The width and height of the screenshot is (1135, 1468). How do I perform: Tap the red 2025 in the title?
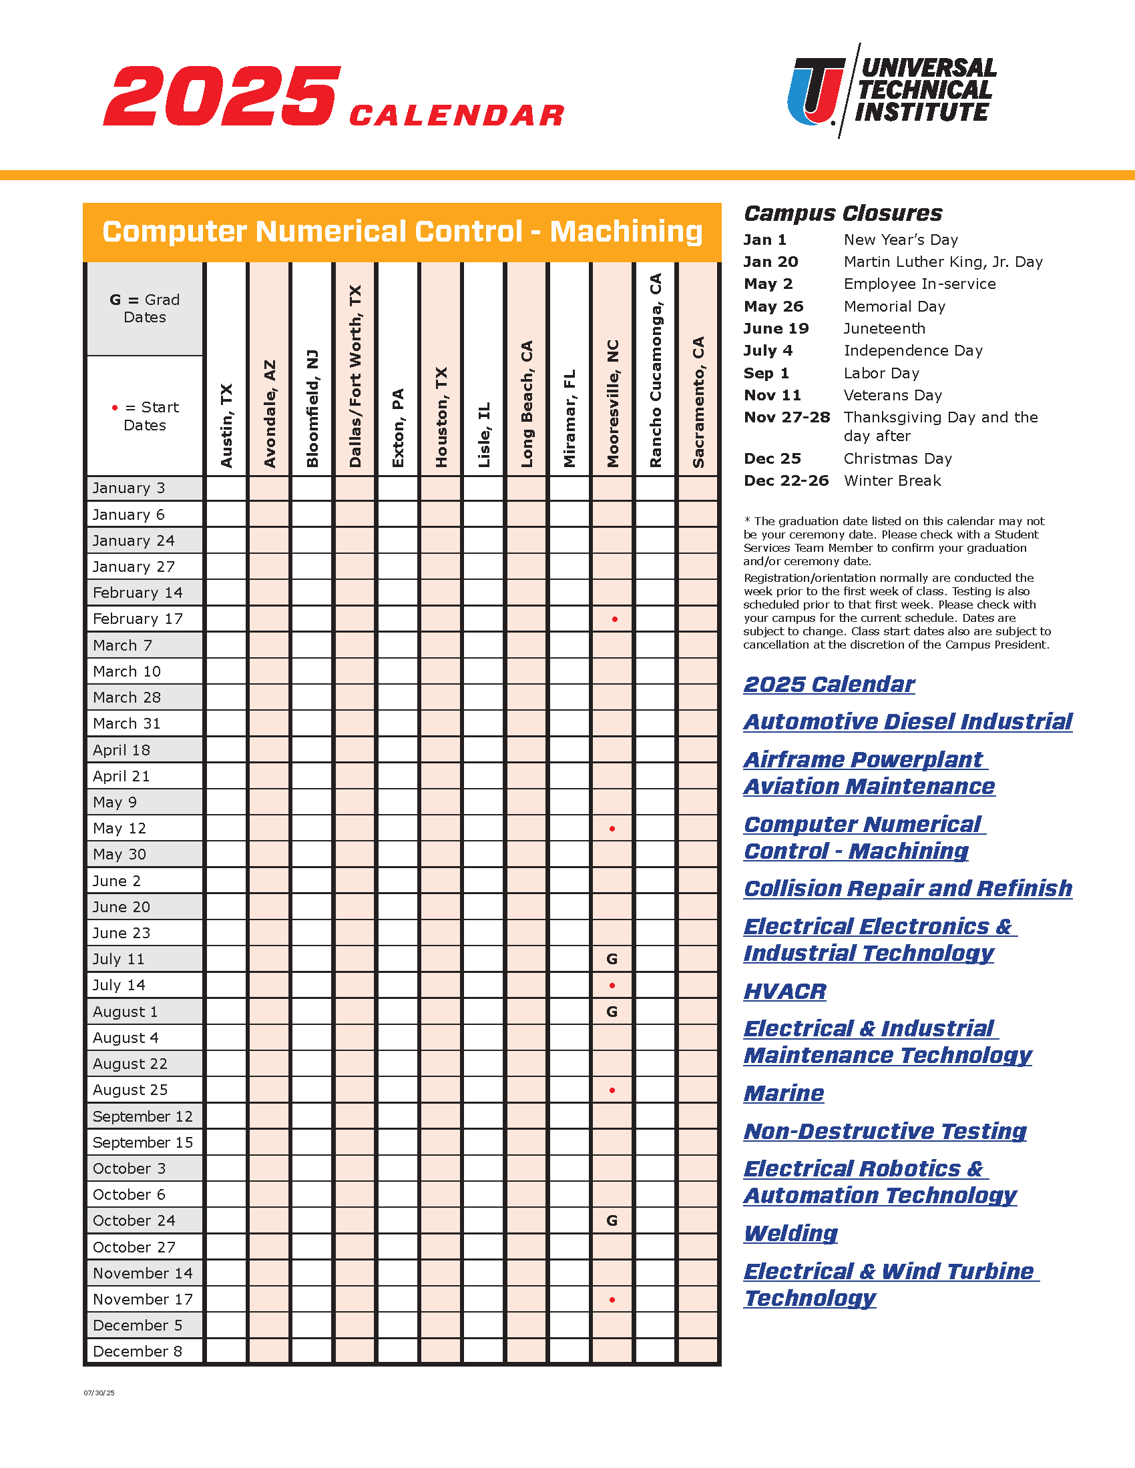point(222,96)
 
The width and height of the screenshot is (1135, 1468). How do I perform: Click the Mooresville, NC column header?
point(612,403)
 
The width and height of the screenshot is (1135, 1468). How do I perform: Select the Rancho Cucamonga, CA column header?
point(656,370)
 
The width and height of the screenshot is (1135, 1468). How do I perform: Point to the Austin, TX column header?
point(226,426)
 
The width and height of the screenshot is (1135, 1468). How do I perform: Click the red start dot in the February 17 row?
point(614,619)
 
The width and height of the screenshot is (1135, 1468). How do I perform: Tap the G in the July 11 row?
point(612,959)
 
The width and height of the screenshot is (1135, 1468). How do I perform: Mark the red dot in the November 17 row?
point(612,1300)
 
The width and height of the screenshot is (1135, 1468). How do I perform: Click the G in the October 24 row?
point(612,1220)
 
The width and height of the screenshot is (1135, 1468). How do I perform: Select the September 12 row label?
point(143,1116)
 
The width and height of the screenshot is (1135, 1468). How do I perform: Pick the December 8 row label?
point(137,1352)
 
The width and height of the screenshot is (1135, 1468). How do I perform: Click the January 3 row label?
point(128,488)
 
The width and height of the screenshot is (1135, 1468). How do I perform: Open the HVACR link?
point(784,992)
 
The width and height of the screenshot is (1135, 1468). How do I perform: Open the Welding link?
point(790,1233)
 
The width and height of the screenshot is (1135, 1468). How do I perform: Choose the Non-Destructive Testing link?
point(885,1131)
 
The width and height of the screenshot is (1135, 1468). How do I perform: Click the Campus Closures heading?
point(843,213)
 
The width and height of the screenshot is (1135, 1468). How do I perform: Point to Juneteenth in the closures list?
point(884,329)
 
